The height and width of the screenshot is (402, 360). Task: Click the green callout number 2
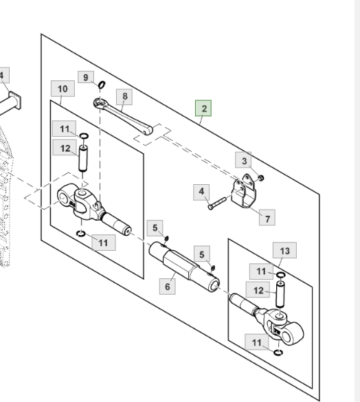click(x=203, y=108)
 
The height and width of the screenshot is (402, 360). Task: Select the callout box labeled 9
click(x=86, y=77)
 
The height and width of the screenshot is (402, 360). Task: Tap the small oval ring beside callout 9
click(x=102, y=85)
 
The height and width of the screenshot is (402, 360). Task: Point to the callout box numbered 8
click(x=124, y=97)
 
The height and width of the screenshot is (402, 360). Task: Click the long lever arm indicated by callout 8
click(x=123, y=117)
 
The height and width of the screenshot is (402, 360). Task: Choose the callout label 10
click(x=63, y=89)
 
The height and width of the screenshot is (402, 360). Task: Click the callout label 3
click(x=243, y=161)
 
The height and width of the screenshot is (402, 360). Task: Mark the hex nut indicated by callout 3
click(x=260, y=178)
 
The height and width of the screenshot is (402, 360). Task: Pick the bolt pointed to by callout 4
click(x=217, y=203)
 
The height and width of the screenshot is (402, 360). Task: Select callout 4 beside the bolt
click(x=201, y=192)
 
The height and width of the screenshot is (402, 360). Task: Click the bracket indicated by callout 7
click(x=244, y=190)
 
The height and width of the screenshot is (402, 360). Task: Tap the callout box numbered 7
click(x=267, y=218)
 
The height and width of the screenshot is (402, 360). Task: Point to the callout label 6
click(x=168, y=287)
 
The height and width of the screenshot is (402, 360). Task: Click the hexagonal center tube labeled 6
click(x=184, y=267)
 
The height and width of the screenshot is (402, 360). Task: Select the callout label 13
click(x=285, y=250)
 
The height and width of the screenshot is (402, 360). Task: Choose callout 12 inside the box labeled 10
click(x=65, y=148)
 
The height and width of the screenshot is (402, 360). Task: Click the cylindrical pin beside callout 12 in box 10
click(x=83, y=158)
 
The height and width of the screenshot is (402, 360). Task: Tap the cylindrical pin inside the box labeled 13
click(x=280, y=294)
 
